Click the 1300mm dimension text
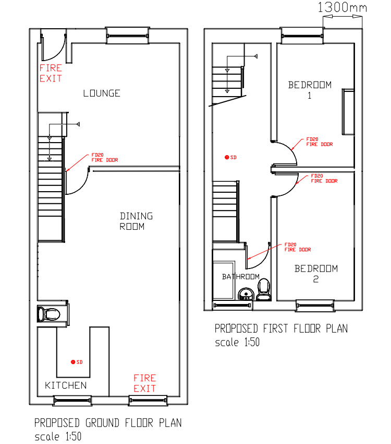pos(342,8)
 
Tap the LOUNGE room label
pos(102,94)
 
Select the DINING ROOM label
pos(136,221)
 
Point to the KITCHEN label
pos(66,385)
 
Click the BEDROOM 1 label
pos(310,89)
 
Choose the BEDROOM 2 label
pos(316,274)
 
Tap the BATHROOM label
pos(240,276)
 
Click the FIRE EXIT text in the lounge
pos(51,73)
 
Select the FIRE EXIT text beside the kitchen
pos(144,383)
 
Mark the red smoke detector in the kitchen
pos(73,362)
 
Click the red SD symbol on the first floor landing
pos(226,157)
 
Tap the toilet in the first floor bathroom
pos(264,289)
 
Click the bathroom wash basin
pos(245,294)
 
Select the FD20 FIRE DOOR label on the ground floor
pos(104,157)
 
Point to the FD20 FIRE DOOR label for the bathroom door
pos(297,247)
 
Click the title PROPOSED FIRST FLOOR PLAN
pos(281,329)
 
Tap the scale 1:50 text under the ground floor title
pos(57,436)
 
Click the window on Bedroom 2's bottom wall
pos(315,306)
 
